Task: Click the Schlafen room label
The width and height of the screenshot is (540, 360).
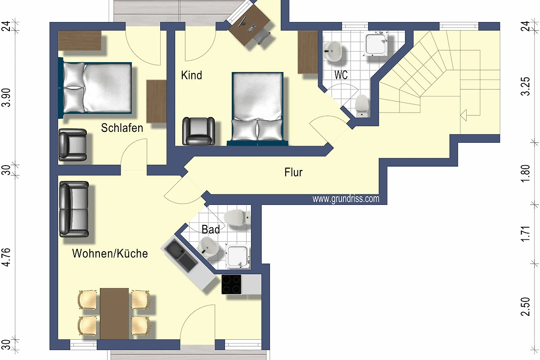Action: pos(122,128)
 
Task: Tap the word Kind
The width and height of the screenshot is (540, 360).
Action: pos(191,75)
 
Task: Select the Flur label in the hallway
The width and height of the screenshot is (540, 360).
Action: pos(293,172)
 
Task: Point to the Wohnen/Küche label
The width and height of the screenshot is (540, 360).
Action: pos(110,253)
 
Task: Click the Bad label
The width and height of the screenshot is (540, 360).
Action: pos(211,229)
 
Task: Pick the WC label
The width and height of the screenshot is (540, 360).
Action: pos(341,75)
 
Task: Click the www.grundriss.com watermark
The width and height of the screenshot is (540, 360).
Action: pos(346,199)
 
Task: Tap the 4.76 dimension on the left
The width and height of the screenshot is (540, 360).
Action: pos(6,257)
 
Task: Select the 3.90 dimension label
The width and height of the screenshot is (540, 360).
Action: pos(6,97)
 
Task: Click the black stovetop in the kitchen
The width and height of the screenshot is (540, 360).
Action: pos(231,284)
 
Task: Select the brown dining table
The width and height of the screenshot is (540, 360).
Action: pos(114,314)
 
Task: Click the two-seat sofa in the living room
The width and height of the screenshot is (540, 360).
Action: pos(74,209)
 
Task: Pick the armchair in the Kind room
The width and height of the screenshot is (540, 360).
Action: pos(198,131)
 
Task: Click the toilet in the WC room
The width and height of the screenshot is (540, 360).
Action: pos(362,106)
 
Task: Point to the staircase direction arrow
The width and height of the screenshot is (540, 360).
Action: pos(463,115)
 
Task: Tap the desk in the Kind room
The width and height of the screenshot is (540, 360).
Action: pos(249,26)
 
